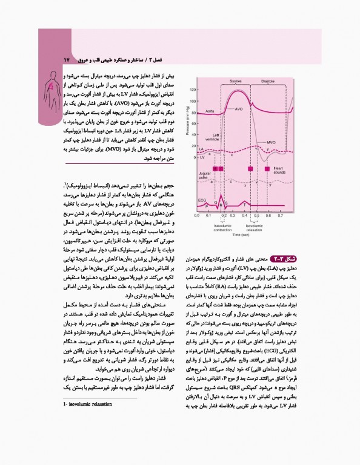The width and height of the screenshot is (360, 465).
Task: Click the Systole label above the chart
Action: click(x=236, y=82)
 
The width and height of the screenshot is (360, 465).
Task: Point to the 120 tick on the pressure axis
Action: click(x=193, y=90)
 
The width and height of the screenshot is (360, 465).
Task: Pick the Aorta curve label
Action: click(x=210, y=111)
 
